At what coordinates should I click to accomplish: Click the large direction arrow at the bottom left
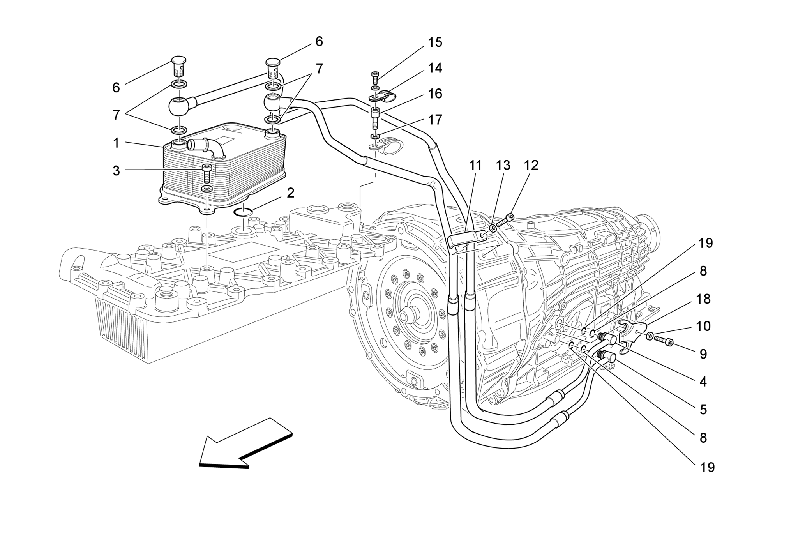click(x=242, y=444)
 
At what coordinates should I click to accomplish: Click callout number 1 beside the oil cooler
click(x=116, y=143)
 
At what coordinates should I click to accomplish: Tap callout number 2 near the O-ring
click(x=291, y=193)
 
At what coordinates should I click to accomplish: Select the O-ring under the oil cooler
click(x=243, y=212)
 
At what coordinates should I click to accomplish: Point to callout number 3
click(x=116, y=171)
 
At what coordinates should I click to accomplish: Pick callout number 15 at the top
click(x=435, y=42)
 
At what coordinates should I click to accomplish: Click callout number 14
click(x=435, y=68)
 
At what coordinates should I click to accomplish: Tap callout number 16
click(x=435, y=94)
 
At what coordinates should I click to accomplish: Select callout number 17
click(x=435, y=119)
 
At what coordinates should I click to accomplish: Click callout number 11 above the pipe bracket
click(x=475, y=165)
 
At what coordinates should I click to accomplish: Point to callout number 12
click(x=531, y=165)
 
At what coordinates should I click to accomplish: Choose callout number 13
click(x=503, y=165)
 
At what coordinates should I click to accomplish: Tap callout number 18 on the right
click(x=703, y=299)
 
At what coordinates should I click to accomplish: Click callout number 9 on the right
click(x=703, y=354)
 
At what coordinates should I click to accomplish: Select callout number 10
click(x=703, y=326)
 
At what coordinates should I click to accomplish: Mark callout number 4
click(x=703, y=382)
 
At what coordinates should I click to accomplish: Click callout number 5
click(x=703, y=409)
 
